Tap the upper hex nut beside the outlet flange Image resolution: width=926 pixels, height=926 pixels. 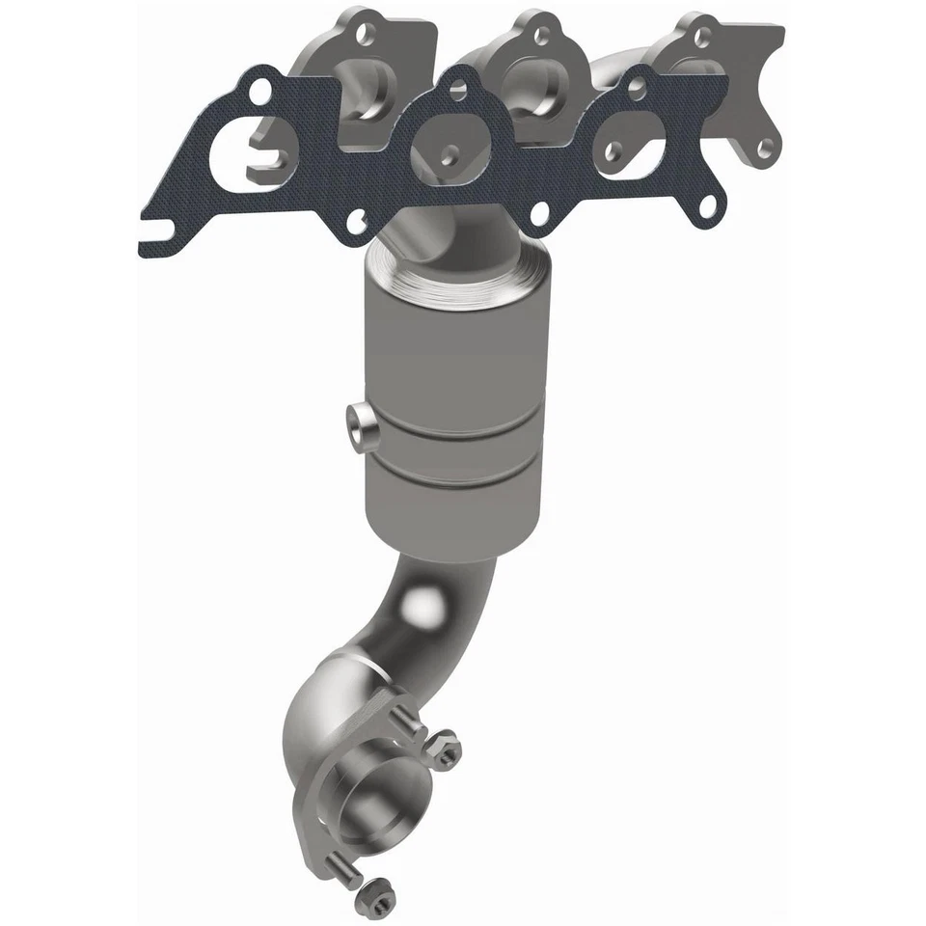point(447,748)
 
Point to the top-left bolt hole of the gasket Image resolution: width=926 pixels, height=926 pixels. point(259,92)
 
